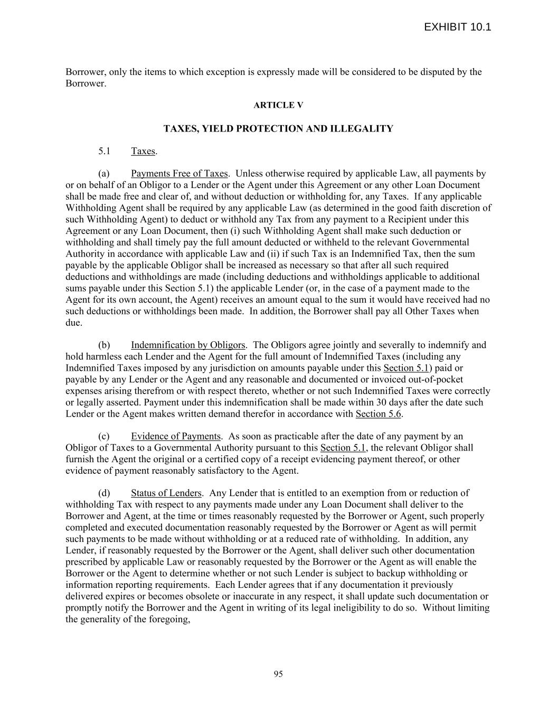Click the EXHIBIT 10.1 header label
(x=457, y=27)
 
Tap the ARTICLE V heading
(x=278, y=105)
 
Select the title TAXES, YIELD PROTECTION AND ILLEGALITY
(x=278, y=128)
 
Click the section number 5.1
(x=104, y=151)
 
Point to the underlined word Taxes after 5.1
(x=143, y=151)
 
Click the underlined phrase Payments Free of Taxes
(x=179, y=173)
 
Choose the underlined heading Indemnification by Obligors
(x=188, y=345)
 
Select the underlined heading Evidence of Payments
(x=175, y=436)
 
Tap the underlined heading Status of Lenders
(x=166, y=493)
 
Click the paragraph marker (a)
(x=103, y=173)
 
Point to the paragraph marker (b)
(x=103, y=345)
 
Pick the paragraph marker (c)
(x=103, y=436)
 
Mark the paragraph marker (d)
(x=103, y=493)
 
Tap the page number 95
(x=278, y=673)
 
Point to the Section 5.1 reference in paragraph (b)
(x=405, y=368)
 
